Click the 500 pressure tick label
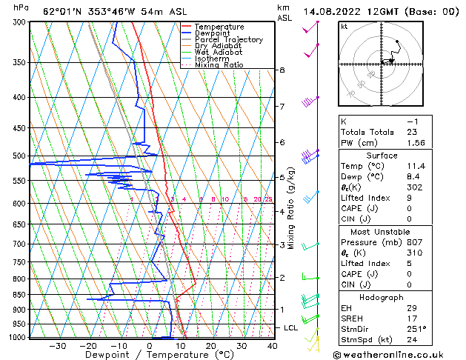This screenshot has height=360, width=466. pyautogui.click(x=19, y=156)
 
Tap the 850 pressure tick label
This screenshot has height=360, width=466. pyautogui.click(x=19, y=295)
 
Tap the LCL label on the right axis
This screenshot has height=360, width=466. pyautogui.click(x=291, y=327)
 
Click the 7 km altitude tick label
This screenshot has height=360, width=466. pyautogui.click(x=282, y=107)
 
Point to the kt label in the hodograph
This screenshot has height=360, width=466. pyautogui.click(x=344, y=27)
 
